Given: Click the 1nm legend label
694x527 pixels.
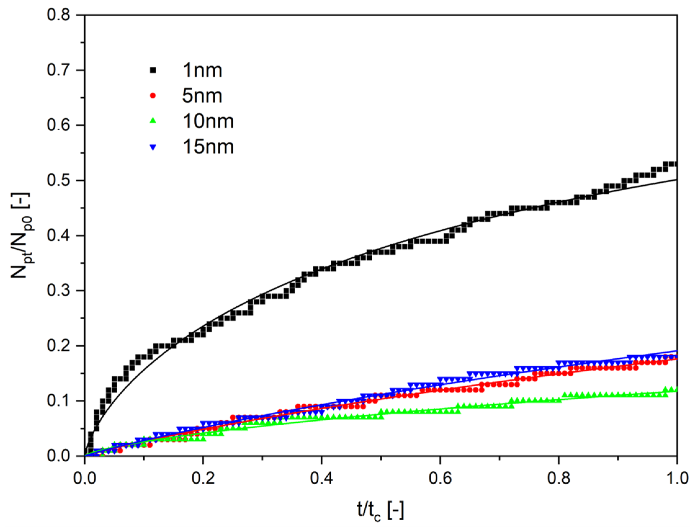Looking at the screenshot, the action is pyautogui.click(x=202, y=70).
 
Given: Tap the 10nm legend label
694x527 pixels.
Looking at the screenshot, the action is pyautogui.click(x=208, y=121).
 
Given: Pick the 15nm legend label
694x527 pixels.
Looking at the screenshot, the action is pyautogui.click(x=208, y=147).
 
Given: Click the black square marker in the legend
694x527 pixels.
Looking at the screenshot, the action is pyautogui.click(x=153, y=71).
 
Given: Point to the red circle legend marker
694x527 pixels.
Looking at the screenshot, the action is pyautogui.click(x=153, y=96).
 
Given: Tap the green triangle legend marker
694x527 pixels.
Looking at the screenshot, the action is pyautogui.click(x=153, y=121).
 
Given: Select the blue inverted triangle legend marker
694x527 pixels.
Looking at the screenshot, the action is pyautogui.click(x=153, y=147).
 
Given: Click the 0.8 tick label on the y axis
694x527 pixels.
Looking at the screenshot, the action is pyautogui.click(x=58, y=15).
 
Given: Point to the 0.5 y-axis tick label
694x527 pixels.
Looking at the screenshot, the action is pyautogui.click(x=58, y=181).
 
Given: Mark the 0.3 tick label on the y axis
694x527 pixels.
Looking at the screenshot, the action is pyautogui.click(x=58, y=291).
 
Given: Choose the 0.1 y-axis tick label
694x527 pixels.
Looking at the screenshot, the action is pyautogui.click(x=58, y=401).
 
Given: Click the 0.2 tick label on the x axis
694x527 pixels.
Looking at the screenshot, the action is pyautogui.click(x=203, y=479).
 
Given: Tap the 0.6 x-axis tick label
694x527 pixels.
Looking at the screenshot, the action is pyautogui.click(x=440, y=479).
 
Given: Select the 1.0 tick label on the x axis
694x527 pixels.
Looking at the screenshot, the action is pyautogui.click(x=677, y=479).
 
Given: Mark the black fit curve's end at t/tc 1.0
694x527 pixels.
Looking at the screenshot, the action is pyautogui.click(x=676, y=180).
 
